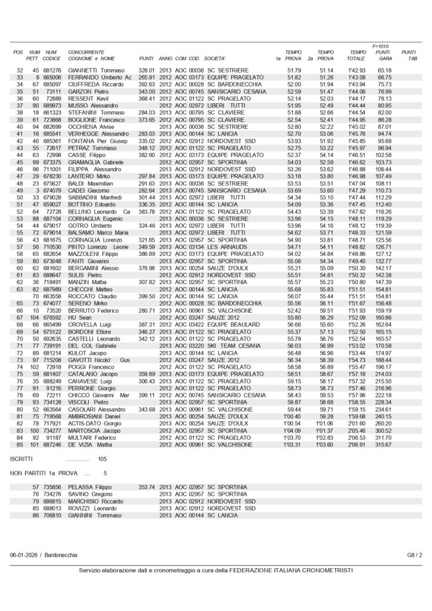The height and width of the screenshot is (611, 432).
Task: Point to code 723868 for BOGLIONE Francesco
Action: point(52,121)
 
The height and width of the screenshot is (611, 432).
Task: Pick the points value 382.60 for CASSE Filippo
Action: point(147,155)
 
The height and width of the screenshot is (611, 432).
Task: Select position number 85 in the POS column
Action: point(20,445)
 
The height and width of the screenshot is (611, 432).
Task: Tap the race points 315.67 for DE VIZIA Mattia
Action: point(384,445)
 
